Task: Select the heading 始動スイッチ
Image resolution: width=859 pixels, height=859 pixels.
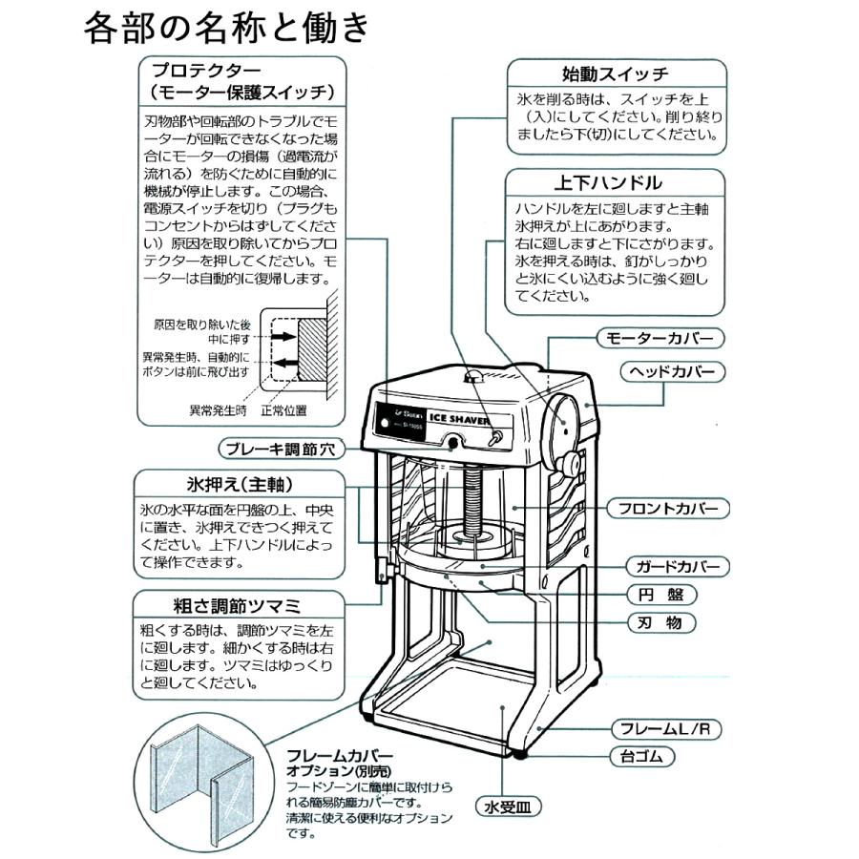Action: (x=614, y=73)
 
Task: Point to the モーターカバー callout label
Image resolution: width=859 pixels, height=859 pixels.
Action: (x=660, y=338)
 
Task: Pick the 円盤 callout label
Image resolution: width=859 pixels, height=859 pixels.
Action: (x=661, y=595)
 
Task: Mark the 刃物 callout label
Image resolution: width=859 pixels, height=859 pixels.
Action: (x=661, y=623)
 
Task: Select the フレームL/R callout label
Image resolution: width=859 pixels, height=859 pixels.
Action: (x=665, y=729)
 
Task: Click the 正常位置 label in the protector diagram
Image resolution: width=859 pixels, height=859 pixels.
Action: (x=286, y=410)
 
